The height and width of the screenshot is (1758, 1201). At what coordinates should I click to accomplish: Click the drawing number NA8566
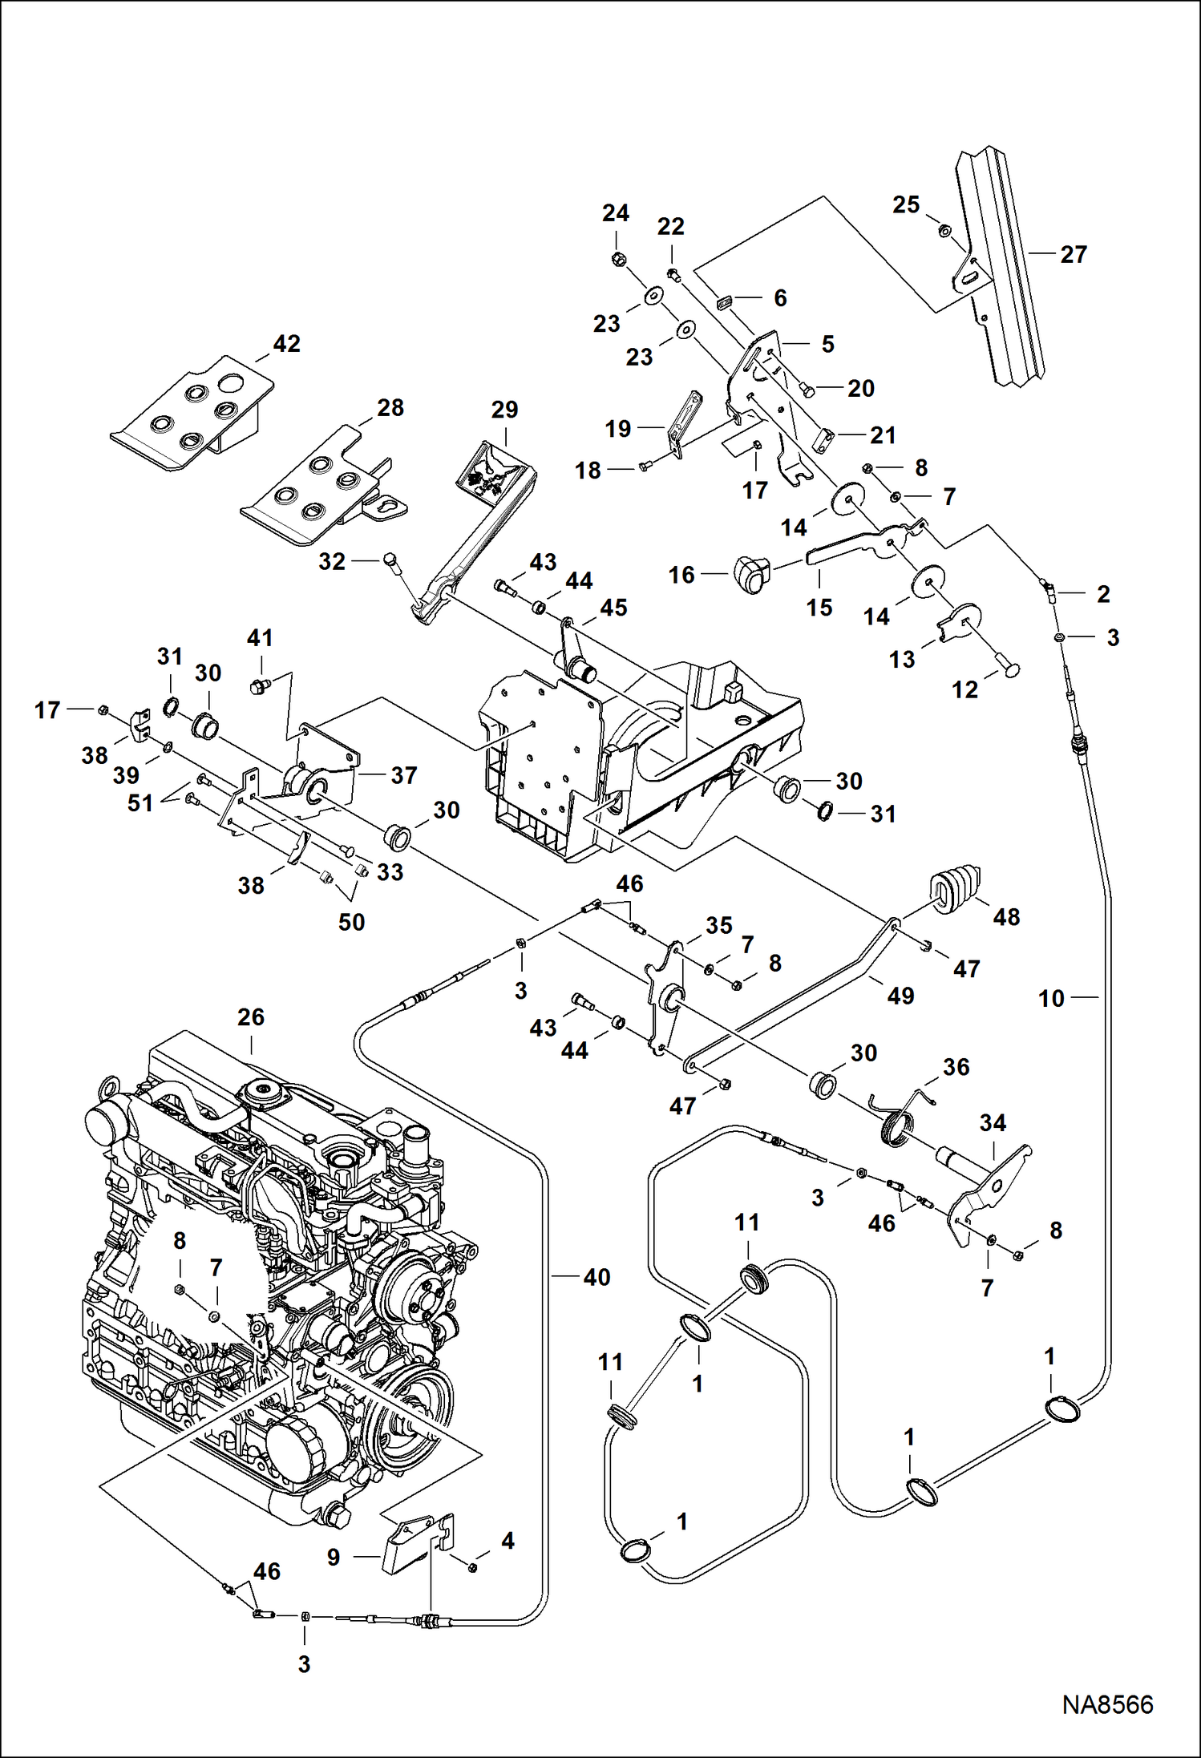click(1107, 1704)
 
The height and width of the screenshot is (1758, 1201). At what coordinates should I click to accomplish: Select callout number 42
click(286, 344)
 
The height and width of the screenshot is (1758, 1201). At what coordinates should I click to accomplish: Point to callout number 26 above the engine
click(250, 1017)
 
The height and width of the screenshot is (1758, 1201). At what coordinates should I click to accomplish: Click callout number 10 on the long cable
click(1050, 999)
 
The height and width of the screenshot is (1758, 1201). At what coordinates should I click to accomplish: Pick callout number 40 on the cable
click(596, 1277)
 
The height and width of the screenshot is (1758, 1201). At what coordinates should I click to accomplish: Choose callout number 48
click(1006, 917)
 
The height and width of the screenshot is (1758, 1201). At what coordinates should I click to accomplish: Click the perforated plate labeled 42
click(192, 413)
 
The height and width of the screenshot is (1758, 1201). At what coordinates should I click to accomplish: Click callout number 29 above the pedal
click(504, 410)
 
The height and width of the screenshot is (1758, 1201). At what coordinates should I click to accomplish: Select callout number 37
click(403, 775)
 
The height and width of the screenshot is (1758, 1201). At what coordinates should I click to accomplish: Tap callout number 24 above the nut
click(616, 213)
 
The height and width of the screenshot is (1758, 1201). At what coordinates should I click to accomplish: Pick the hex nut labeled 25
click(944, 232)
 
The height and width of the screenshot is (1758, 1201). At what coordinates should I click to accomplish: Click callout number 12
click(964, 689)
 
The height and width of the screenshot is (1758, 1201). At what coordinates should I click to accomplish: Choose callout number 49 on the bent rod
click(900, 996)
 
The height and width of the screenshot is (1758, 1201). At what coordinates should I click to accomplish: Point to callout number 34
click(993, 1123)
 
